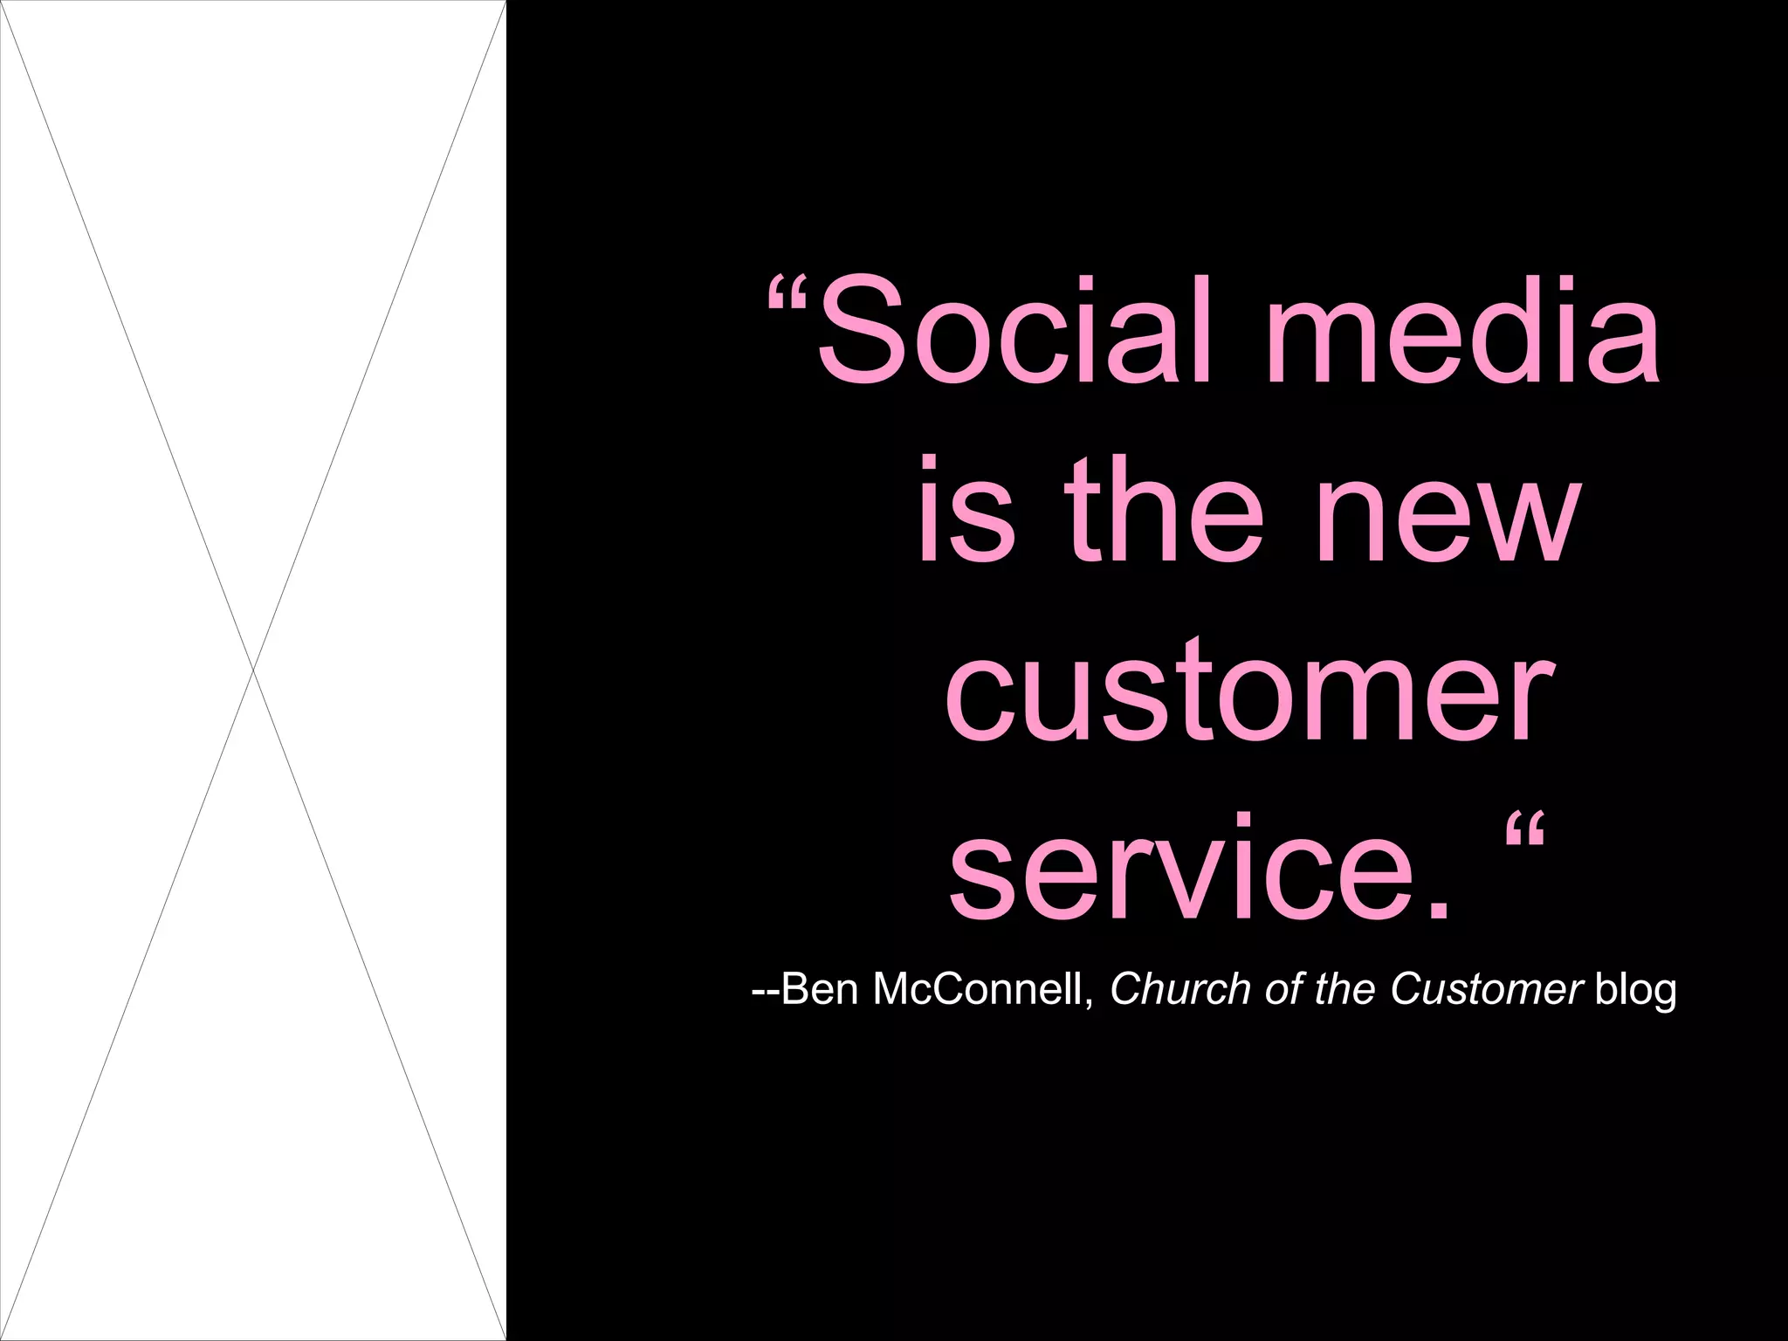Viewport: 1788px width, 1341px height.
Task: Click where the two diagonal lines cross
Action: (x=253, y=670)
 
